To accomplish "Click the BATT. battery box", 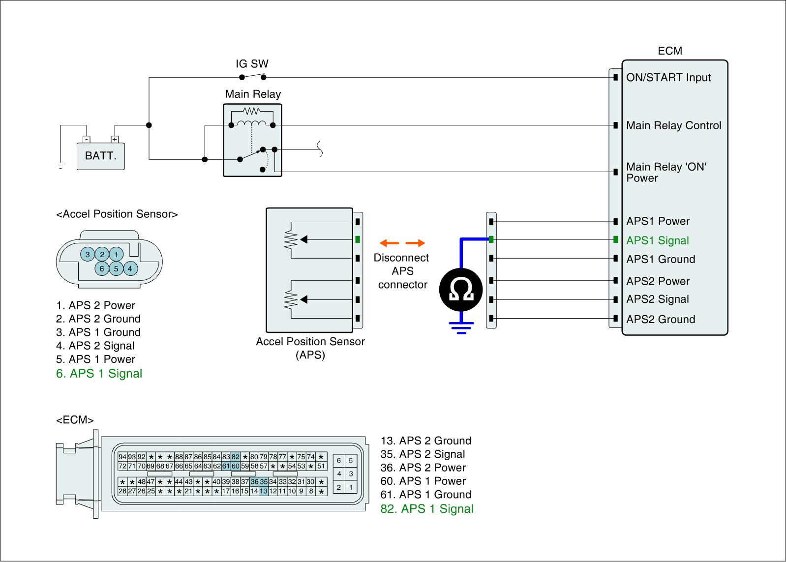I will click(x=101, y=156).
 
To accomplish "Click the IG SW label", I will click(x=252, y=64).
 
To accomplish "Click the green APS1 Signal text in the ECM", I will click(x=657, y=240).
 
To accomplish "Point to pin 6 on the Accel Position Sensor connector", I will click(x=102, y=268).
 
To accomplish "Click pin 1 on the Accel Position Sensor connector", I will click(x=116, y=254).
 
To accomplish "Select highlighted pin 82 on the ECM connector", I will click(x=236, y=457).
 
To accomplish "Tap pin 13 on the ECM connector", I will click(x=264, y=491).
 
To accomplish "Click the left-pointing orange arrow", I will click(x=389, y=243).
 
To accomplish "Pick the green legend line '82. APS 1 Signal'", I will click(x=427, y=509).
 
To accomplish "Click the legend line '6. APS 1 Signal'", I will click(x=99, y=374).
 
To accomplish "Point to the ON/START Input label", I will click(x=668, y=78).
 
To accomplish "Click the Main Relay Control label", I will click(x=673, y=125).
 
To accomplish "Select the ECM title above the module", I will click(x=670, y=51).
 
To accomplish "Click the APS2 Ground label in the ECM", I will click(x=661, y=320).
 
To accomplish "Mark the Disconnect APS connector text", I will click(x=402, y=271).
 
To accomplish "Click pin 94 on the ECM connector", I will click(x=122, y=457).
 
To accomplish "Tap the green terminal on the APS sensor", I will click(x=358, y=240).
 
